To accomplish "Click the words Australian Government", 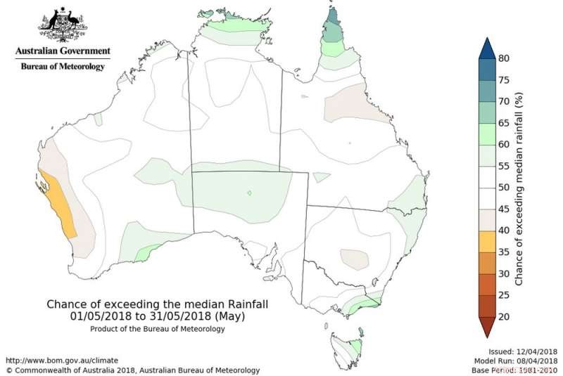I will pyautogui.click(x=63, y=51).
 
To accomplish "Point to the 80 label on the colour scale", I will pyautogui.click(x=504, y=58).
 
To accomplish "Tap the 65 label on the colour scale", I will pyautogui.click(x=504, y=123).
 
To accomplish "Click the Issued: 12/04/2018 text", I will pyautogui.click(x=523, y=351).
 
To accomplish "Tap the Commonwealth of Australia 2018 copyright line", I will pyautogui.click(x=133, y=370).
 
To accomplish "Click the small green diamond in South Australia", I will pyautogui.click(x=250, y=193).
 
